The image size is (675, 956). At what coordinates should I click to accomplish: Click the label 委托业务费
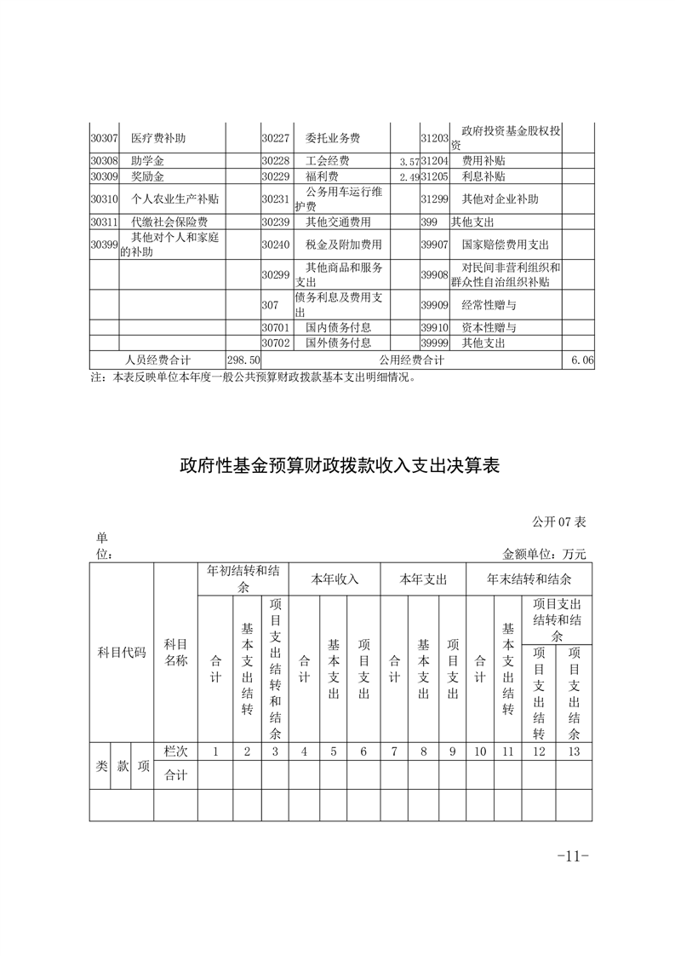point(333,138)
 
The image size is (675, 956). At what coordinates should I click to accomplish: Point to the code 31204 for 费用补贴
point(434,160)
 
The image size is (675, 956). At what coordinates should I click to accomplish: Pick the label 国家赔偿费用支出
point(506,245)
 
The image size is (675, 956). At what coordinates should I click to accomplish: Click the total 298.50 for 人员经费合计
point(243,360)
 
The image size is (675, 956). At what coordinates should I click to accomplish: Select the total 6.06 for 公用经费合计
point(582,360)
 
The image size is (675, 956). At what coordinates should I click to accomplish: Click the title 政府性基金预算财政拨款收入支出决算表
point(338,466)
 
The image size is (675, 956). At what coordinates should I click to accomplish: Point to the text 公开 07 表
point(560,521)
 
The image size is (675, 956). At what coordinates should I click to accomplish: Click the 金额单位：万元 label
point(545,554)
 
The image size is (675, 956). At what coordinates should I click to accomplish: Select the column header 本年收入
point(335,579)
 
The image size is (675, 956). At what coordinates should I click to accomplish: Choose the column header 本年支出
point(423,579)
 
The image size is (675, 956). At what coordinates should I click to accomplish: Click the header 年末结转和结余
point(529,579)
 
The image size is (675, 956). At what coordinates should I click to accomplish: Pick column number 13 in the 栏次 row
point(574,752)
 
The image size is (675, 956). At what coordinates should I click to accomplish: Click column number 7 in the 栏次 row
point(394,752)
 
